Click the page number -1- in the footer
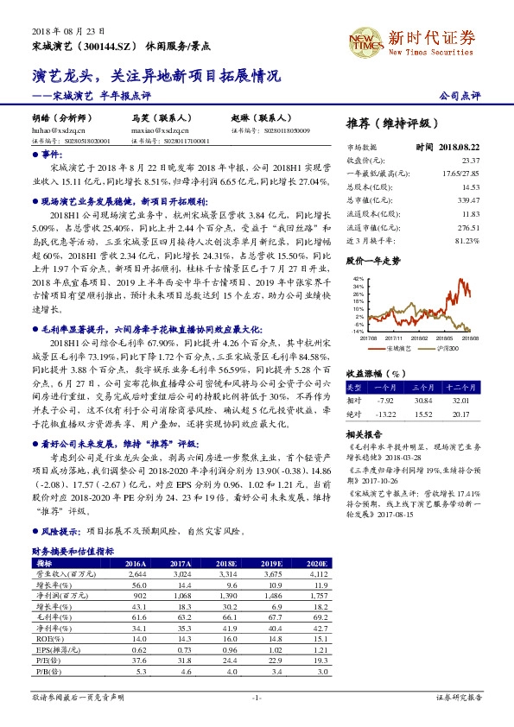(x=257, y=697)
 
